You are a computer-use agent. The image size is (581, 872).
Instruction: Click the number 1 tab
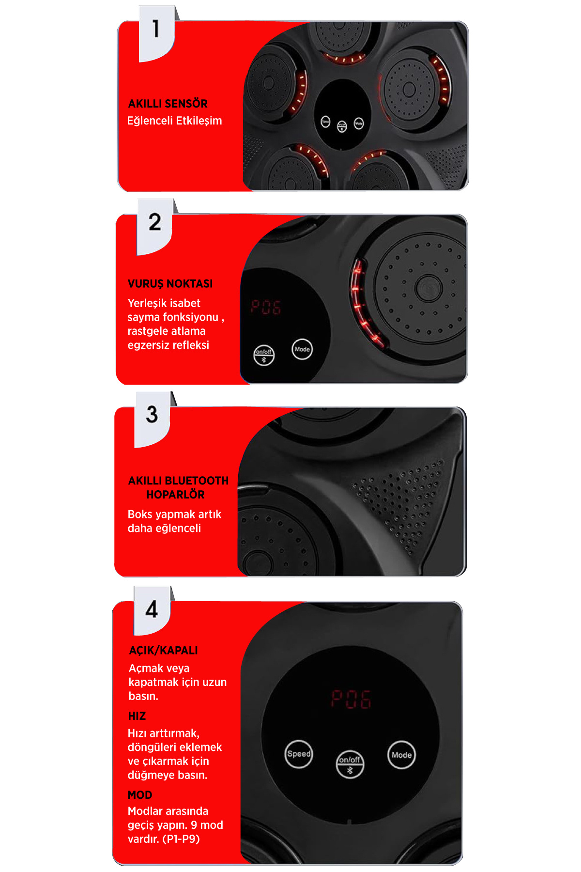[x=156, y=33]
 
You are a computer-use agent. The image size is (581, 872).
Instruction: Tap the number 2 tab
[x=155, y=226]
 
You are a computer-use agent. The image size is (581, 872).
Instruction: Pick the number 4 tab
[x=152, y=610]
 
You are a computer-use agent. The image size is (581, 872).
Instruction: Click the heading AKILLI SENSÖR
[x=168, y=104]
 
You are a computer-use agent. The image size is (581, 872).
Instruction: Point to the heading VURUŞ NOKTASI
[x=170, y=283]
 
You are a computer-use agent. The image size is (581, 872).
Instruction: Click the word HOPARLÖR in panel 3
[x=175, y=495]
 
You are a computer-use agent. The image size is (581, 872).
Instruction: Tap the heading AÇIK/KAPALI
[x=163, y=650]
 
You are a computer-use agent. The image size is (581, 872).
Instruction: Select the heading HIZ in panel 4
[x=137, y=716]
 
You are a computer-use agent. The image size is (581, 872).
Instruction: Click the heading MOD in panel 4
[x=140, y=795]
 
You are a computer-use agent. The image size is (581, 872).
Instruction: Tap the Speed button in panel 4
[x=299, y=754]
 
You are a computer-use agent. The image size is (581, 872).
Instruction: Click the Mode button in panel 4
[x=401, y=755]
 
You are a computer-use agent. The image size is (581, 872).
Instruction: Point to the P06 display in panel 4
[x=351, y=699]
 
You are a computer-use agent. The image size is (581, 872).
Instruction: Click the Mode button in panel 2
[x=302, y=349]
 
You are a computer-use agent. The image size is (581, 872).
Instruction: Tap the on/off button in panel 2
[x=264, y=355]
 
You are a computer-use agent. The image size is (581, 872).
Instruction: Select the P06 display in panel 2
[x=266, y=307]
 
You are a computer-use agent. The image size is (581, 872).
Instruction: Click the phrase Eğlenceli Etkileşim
[x=174, y=121]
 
